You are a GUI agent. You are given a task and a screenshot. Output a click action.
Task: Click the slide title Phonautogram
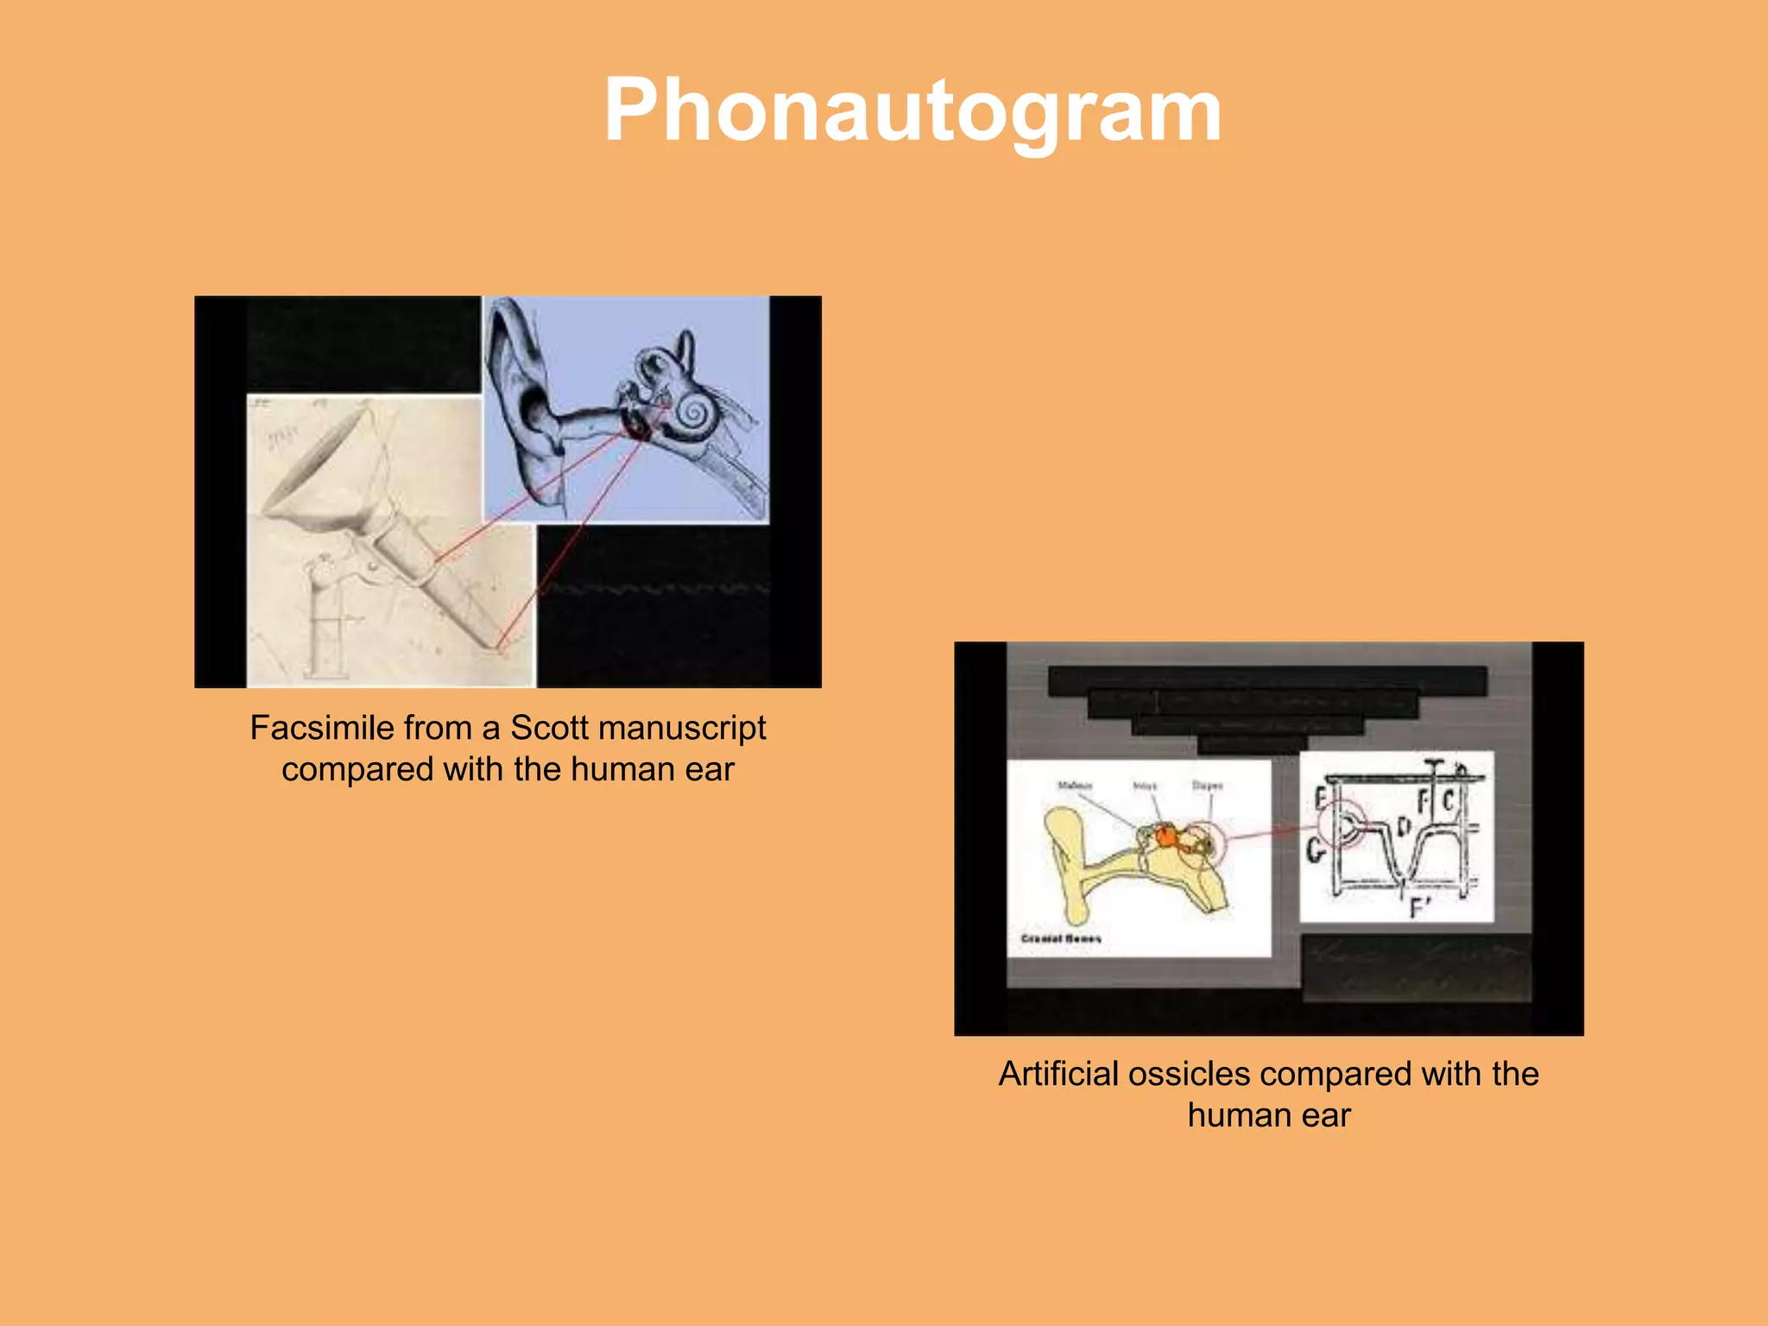912,110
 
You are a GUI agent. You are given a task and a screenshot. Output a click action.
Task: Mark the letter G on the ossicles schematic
1315,850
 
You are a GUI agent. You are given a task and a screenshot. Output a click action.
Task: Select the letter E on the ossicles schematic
1321,799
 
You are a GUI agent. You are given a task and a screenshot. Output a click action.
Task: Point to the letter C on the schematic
1449,801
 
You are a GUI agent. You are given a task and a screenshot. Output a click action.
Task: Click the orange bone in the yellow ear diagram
1166,837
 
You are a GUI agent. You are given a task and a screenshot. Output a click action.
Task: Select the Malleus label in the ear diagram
1075,786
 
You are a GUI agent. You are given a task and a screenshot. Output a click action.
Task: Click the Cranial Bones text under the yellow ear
1061,938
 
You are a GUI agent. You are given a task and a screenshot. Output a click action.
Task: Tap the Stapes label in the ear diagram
1207,786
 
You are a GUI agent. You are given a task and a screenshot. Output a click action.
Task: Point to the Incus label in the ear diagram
1145,786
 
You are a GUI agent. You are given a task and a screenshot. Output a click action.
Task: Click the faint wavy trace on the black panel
656,590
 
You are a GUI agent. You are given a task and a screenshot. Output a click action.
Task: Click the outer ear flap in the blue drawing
518,363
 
